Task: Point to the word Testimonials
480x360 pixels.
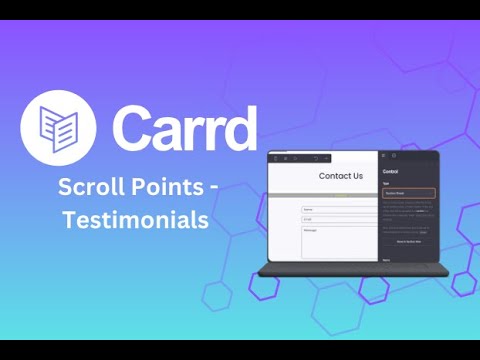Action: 136,219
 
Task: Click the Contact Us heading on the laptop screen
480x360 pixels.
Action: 340,177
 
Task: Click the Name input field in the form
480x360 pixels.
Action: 339,210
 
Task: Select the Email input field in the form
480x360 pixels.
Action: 339,219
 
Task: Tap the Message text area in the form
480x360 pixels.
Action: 339,241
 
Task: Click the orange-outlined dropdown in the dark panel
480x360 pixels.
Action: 408,193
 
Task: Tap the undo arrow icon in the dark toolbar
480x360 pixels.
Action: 316,158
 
